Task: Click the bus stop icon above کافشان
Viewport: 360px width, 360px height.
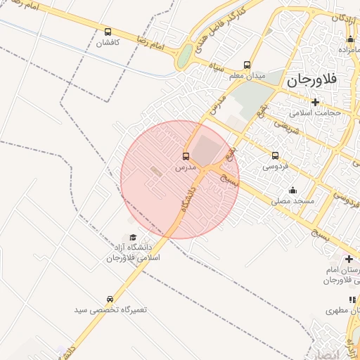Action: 108,32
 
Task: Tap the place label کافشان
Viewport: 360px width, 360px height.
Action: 108,43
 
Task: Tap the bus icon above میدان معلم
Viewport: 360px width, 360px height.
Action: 246,65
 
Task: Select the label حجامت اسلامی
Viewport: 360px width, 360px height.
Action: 317,112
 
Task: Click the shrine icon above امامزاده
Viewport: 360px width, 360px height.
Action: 350,39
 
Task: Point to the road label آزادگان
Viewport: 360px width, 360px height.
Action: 340,16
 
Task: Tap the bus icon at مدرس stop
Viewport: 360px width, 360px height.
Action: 186,156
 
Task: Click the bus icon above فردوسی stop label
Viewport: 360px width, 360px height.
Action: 275,156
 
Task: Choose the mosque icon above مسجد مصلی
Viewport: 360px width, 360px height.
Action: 292,190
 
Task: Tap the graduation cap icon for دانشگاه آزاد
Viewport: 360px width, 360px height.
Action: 133,237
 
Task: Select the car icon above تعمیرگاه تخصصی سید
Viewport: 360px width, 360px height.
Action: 109,299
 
